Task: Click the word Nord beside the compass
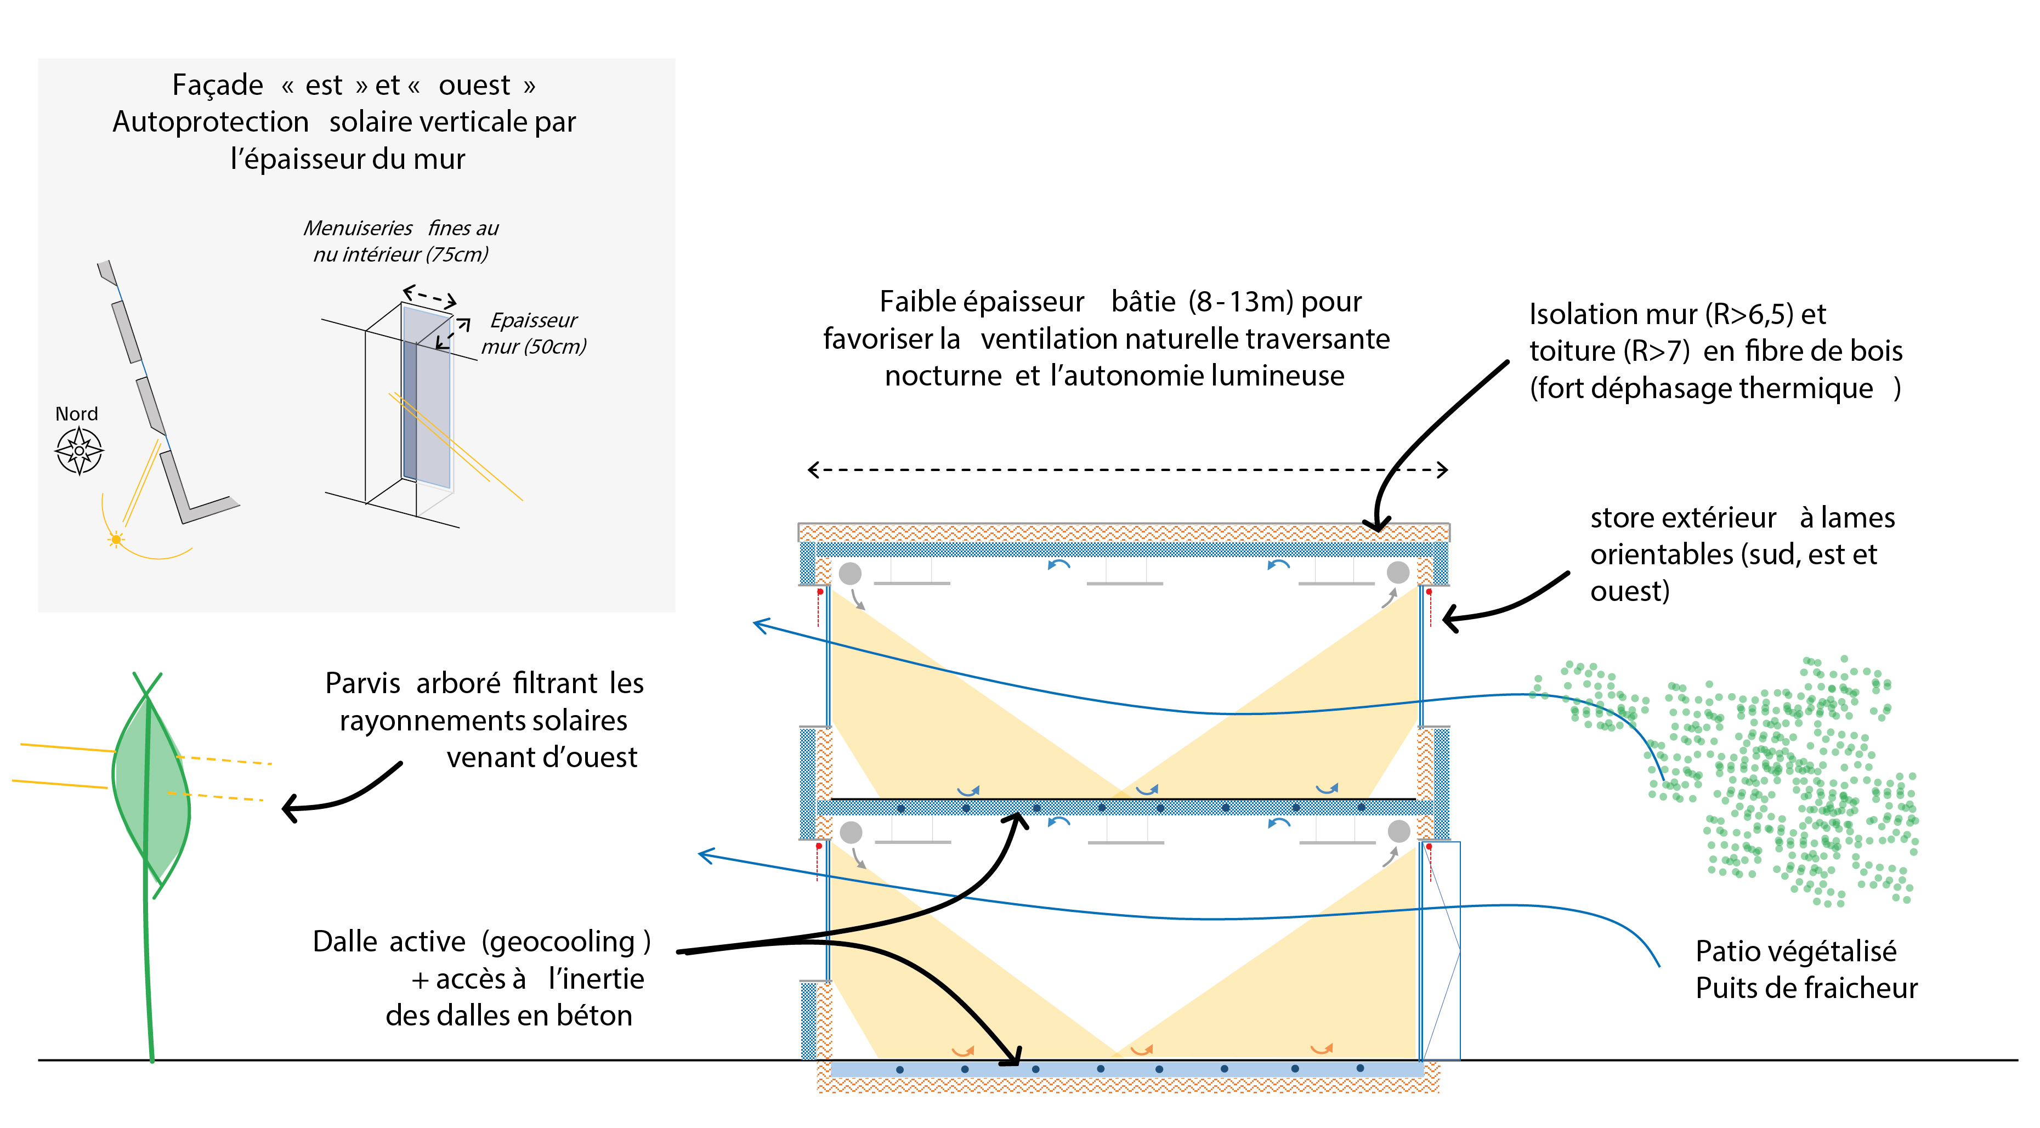pos(77,413)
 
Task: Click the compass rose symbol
pos(79,451)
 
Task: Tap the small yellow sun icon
pos(116,540)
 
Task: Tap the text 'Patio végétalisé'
pos(1796,950)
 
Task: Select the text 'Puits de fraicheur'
pos(1806,988)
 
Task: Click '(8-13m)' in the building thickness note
pos(1241,302)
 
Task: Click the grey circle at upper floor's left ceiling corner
pos(850,572)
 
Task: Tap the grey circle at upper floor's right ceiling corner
pos(1398,572)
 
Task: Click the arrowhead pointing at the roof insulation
pos(1377,524)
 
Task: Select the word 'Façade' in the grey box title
pos(218,86)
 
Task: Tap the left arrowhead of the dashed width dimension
pos(813,470)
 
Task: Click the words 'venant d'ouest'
pos(542,757)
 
